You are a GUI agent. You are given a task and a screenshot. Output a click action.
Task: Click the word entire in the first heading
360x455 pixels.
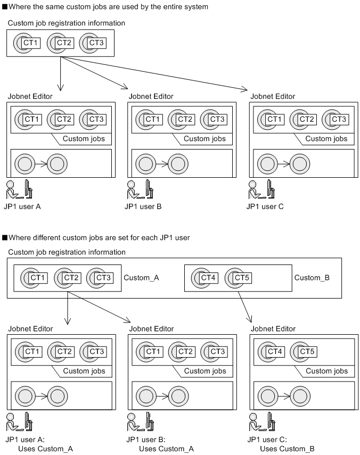(168, 7)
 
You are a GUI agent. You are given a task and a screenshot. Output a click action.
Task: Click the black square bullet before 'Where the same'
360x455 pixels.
(5, 7)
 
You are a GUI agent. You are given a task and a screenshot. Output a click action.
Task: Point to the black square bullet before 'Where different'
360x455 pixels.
(5, 238)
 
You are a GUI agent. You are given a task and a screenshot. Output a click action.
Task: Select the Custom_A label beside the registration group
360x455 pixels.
(141, 278)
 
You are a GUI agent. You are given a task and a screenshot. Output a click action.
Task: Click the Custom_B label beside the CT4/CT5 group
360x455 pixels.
(312, 278)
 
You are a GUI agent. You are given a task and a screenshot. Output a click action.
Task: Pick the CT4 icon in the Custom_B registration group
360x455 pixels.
(203, 278)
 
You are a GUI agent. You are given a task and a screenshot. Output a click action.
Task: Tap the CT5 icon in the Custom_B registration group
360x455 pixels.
(238, 278)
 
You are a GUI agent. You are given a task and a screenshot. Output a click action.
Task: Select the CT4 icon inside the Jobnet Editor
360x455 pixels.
(271, 352)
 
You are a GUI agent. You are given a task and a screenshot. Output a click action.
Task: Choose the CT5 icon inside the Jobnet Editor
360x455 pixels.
(304, 352)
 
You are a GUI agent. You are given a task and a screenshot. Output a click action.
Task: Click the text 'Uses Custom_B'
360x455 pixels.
(287, 449)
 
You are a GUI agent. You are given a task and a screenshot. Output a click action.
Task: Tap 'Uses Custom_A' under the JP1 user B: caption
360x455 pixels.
(166, 449)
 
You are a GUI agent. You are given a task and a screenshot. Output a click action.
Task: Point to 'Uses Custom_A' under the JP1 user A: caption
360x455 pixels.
(45, 449)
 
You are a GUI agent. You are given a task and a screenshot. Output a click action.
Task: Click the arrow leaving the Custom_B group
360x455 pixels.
(244, 307)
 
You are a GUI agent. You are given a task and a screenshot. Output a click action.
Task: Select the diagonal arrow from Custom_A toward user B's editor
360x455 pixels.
(99, 307)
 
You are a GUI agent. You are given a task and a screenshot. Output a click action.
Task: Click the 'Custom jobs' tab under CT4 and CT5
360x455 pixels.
(326, 371)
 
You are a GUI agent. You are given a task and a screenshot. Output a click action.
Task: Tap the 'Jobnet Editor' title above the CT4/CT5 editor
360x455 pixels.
(273, 329)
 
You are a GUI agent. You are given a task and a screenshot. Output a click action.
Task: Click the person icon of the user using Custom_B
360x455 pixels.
(255, 422)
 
